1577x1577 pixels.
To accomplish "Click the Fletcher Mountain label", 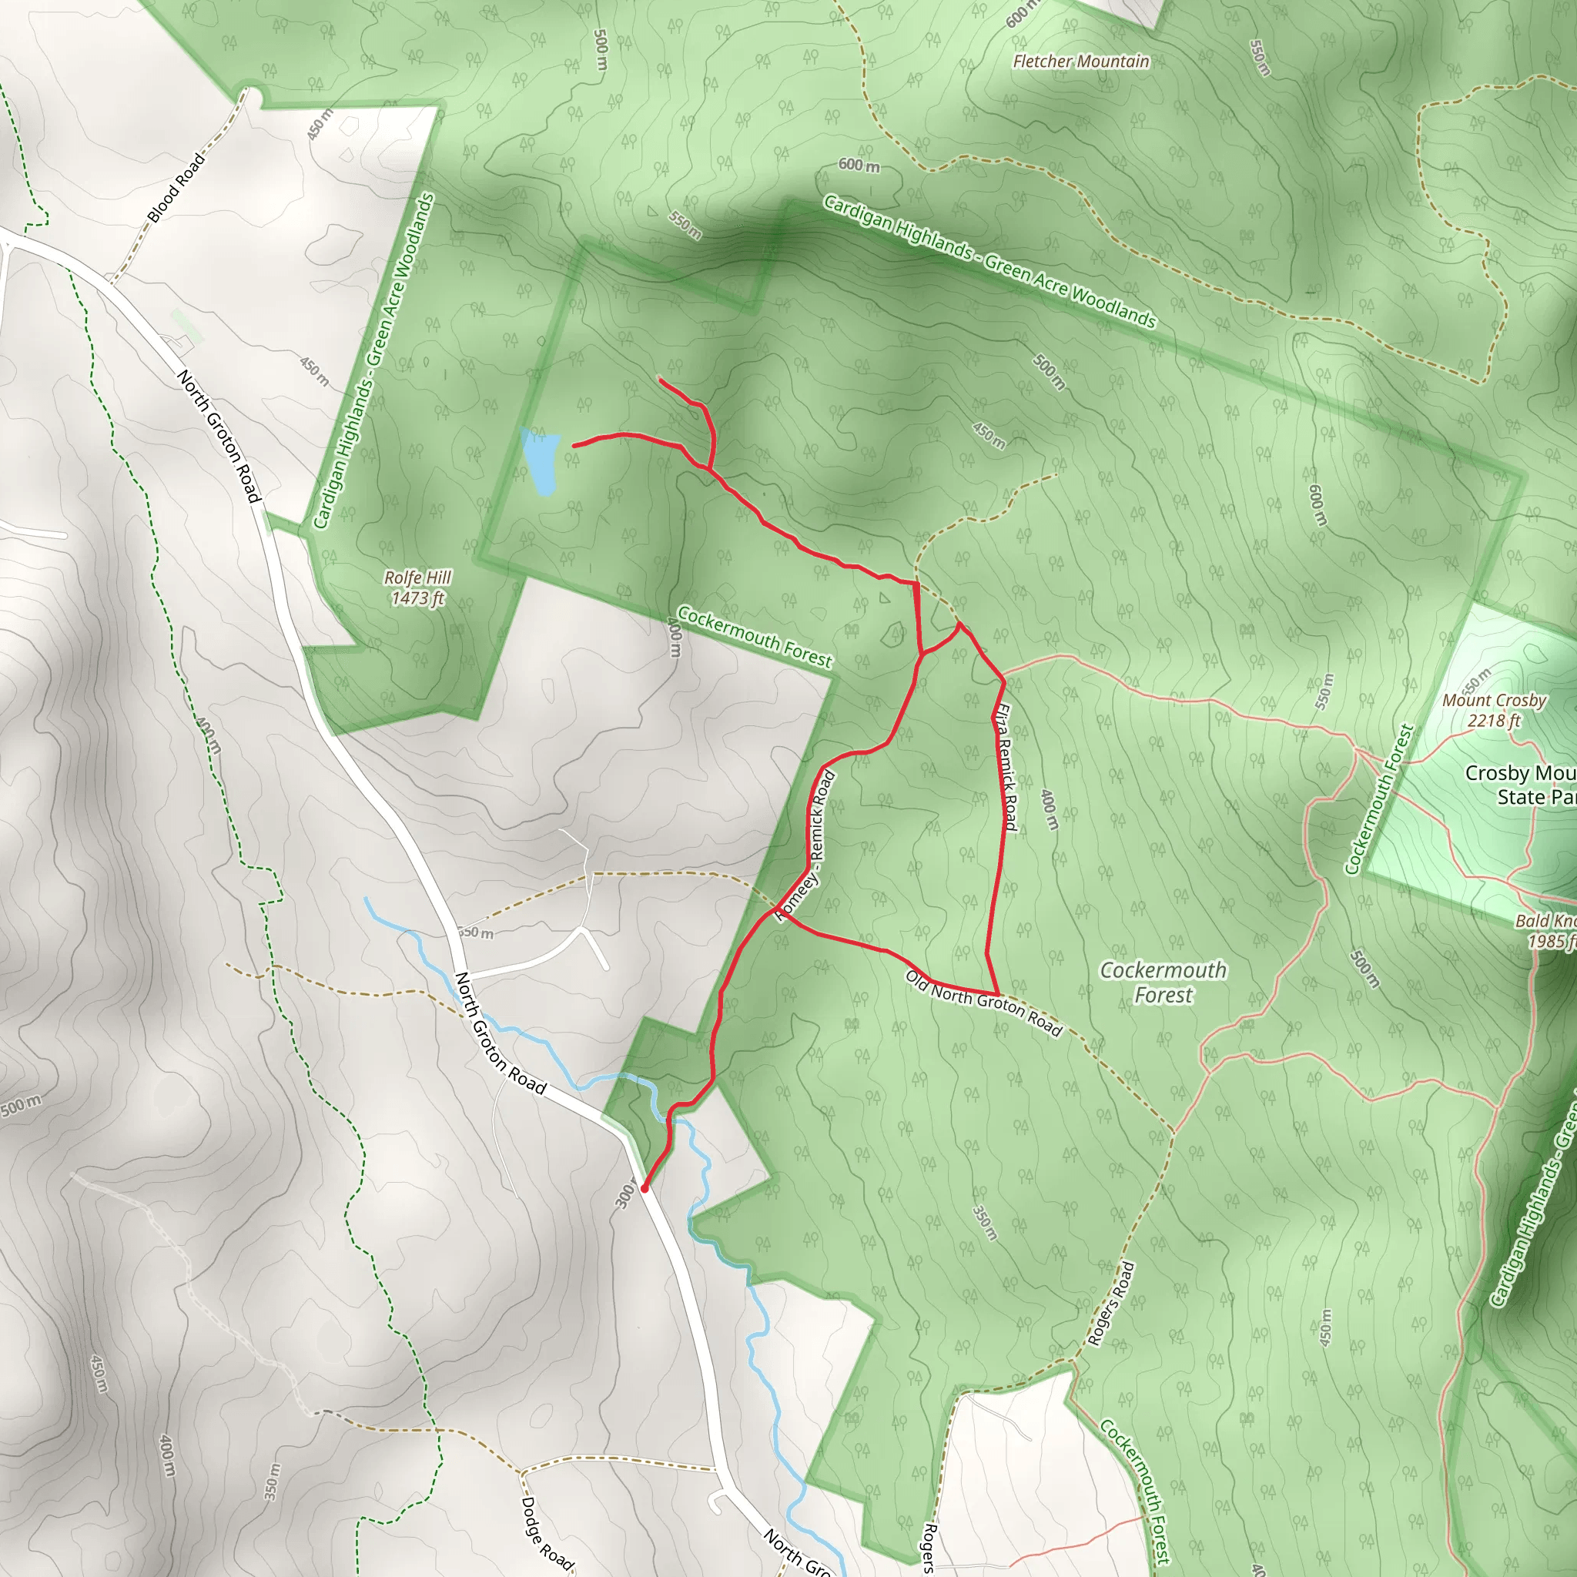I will tap(1080, 62).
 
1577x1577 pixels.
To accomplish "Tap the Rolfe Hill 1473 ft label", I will tap(418, 588).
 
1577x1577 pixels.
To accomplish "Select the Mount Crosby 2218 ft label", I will tap(1494, 710).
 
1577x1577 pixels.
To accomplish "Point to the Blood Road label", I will tap(176, 188).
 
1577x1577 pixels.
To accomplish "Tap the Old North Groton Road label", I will tap(984, 1003).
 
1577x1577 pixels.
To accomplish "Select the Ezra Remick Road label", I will tap(1006, 767).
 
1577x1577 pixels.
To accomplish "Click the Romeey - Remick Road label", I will tap(806, 845).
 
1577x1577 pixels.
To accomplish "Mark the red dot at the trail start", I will tap(645, 1189).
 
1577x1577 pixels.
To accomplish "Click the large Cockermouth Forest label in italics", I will tap(1163, 982).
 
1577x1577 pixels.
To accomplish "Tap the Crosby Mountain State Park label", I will tap(1521, 785).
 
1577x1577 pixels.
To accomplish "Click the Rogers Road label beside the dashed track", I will tap(1111, 1304).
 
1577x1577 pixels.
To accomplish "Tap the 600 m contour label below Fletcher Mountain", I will tap(859, 165).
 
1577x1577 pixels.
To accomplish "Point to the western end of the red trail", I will tap(574, 446).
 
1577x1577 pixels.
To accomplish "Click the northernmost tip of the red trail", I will tap(660, 380).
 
